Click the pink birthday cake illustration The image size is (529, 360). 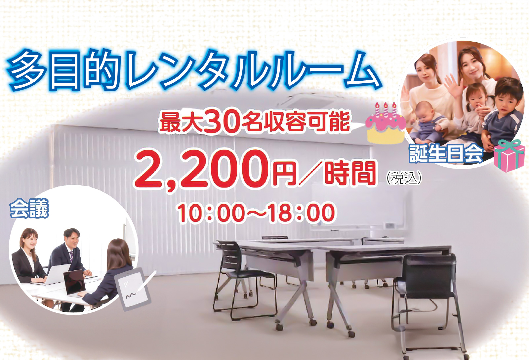386,125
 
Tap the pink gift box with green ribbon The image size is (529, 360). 509,156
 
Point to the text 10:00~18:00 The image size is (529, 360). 256,213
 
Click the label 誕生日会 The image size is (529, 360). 446,153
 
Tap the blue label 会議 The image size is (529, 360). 29,209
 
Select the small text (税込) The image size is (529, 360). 404,178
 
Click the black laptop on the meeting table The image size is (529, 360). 75,283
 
